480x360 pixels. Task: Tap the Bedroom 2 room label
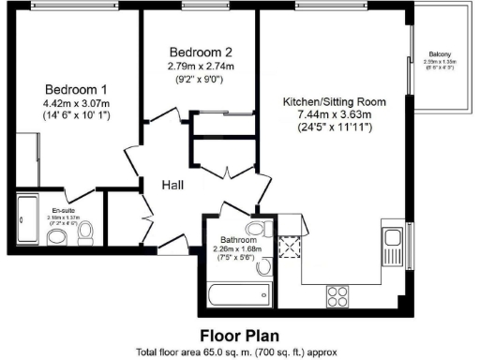click(x=201, y=52)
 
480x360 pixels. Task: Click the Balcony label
click(x=443, y=54)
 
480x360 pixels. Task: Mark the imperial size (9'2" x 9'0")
click(x=201, y=80)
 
